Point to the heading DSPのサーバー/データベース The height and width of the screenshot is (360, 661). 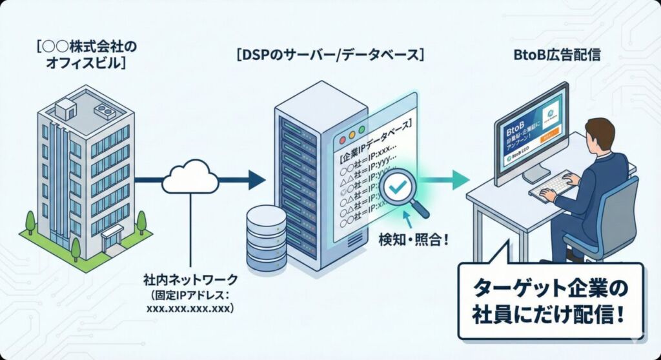330,56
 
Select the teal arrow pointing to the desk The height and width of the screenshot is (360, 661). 452,179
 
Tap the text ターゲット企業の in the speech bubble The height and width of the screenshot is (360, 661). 551,287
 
